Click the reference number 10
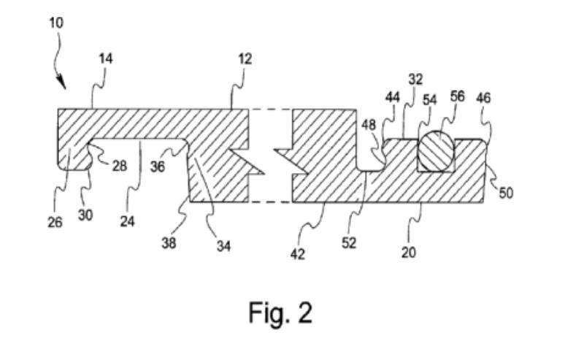click(x=56, y=23)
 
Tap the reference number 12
click(x=245, y=59)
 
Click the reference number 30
click(x=85, y=216)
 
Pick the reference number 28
click(x=119, y=166)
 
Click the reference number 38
click(x=169, y=244)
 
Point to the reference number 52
click(x=349, y=243)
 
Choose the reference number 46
click(x=483, y=98)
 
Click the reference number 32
click(x=415, y=80)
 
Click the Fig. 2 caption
click(x=280, y=313)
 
